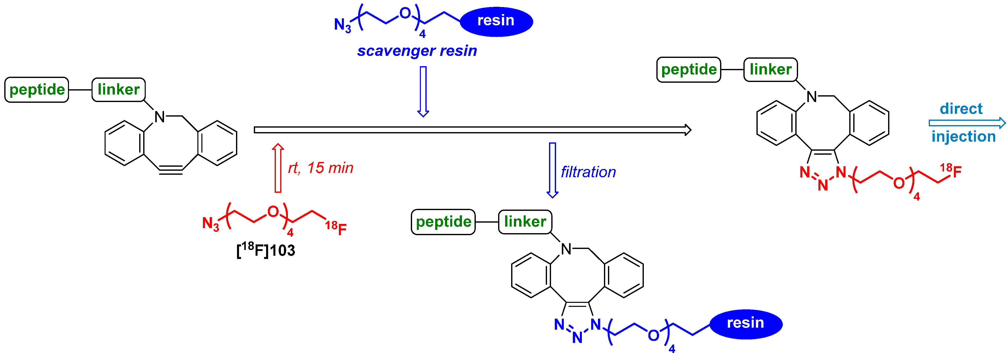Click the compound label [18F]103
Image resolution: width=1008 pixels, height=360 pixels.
click(266, 250)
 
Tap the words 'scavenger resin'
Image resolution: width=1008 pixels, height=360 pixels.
click(417, 51)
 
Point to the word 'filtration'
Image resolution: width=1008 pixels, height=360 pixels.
click(588, 172)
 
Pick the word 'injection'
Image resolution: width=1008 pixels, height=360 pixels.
click(963, 137)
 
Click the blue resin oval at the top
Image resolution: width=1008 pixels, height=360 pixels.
click(496, 21)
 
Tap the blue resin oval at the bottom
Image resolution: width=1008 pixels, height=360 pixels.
click(745, 324)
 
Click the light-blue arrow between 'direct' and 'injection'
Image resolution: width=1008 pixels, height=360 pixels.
click(967, 123)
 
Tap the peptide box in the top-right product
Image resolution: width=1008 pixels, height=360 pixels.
click(689, 70)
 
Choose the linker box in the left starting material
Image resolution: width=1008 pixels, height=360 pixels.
click(119, 89)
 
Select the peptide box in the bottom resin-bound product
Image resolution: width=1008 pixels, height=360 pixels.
click(443, 222)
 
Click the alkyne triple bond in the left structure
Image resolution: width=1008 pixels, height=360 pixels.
click(171, 170)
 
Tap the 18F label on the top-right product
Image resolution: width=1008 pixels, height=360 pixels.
click(951, 171)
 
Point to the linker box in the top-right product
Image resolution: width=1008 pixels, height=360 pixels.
click(770, 70)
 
